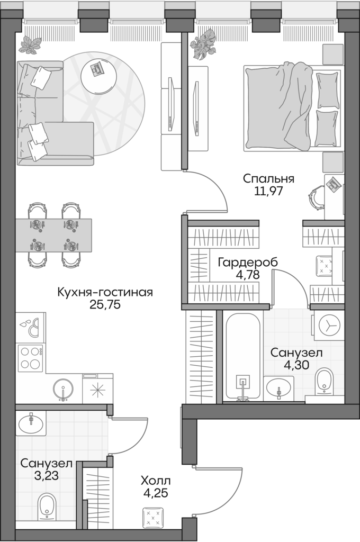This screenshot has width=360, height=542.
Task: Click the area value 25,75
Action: click(x=105, y=305)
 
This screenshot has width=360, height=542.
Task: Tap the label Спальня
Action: click(x=268, y=179)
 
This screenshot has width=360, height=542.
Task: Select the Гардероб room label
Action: click(x=247, y=263)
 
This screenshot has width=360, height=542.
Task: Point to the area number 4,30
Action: click(x=296, y=365)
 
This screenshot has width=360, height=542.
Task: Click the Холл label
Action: click(x=155, y=481)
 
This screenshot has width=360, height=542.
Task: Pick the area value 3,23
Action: click(x=46, y=476)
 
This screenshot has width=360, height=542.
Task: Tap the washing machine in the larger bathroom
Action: click(x=329, y=326)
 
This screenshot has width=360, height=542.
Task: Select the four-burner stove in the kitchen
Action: click(x=31, y=358)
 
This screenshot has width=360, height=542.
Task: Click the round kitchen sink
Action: click(x=63, y=389)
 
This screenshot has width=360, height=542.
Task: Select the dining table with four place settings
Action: click(x=53, y=235)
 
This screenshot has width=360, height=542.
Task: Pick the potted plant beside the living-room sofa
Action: click(x=30, y=45)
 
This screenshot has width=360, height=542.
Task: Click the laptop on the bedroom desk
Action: click(x=335, y=183)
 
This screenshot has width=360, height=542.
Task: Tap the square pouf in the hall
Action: click(x=153, y=517)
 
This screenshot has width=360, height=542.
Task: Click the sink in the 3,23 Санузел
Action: click(x=31, y=422)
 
